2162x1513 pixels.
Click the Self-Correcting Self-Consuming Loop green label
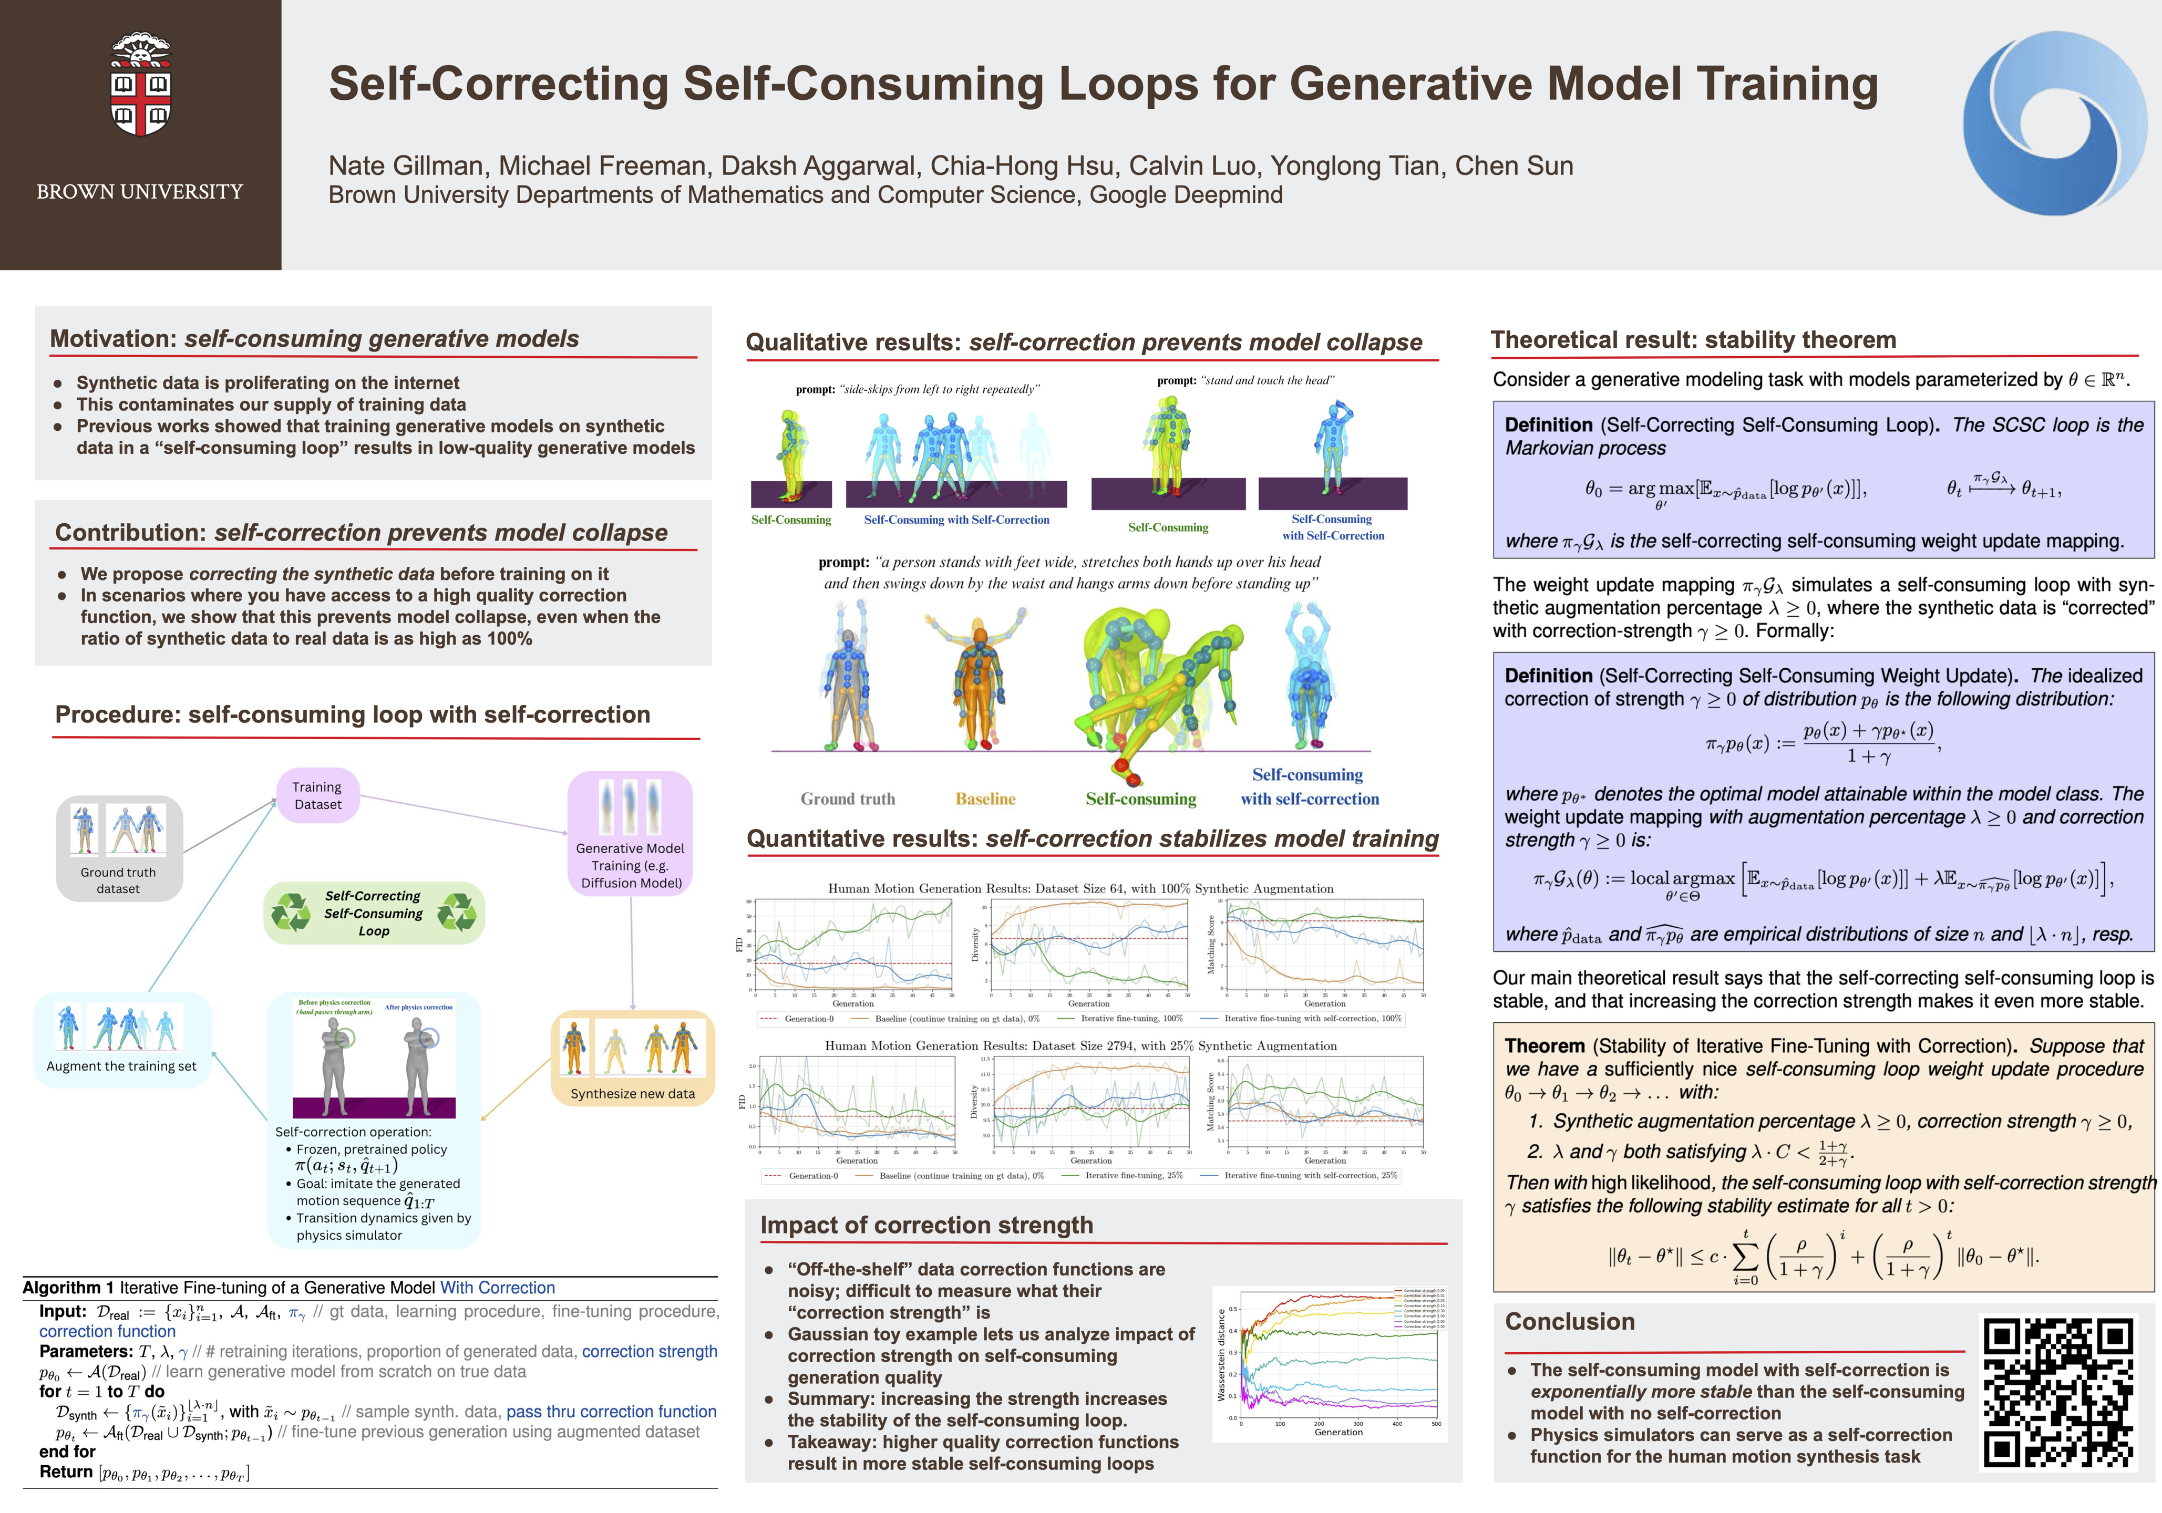tap(374, 913)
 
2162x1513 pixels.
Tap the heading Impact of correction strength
tap(926, 1225)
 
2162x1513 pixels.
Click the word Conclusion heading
tap(1570, 1322)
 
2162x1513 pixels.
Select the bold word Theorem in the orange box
tap(1545, 1046)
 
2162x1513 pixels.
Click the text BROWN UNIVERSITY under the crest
tap(139, 192)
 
